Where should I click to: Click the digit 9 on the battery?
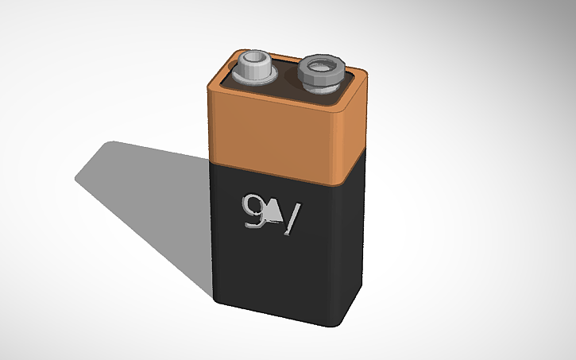(x=255, y=210)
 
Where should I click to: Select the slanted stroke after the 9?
(x=292, y=219)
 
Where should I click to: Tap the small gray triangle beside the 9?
(x=273, y=211)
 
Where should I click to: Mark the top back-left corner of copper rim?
(x=238, y=51)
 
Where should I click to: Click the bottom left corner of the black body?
(x=215, y=299)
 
